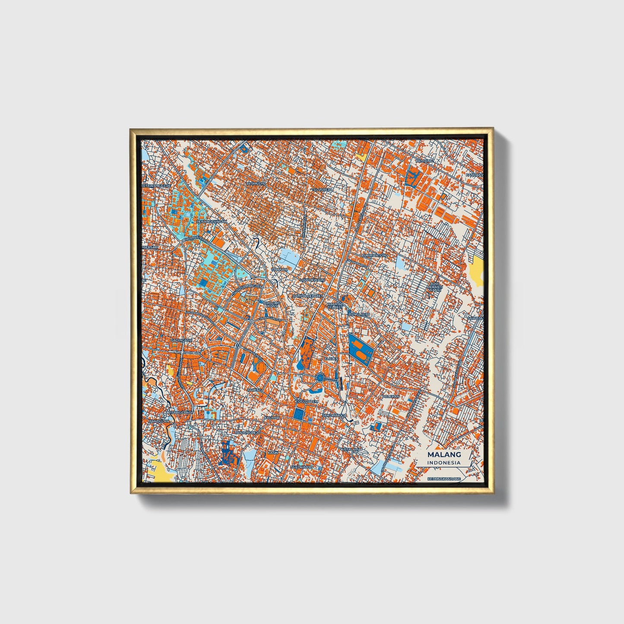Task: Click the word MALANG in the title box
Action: point(444,455)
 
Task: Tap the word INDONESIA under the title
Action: point(444,463)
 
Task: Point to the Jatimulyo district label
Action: point(256,184)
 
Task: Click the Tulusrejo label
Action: point(322,189)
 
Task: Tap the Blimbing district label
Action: point(424,161)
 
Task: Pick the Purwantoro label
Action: point(375,255)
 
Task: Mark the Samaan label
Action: point(279,269)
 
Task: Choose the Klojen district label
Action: point(331,358)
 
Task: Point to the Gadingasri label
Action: point(181,340)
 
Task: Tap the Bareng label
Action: point(254,390)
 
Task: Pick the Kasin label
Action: point(273,452)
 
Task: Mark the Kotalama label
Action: point(351,450)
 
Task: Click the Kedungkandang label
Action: point(444,479)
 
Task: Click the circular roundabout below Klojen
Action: point(320,378)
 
